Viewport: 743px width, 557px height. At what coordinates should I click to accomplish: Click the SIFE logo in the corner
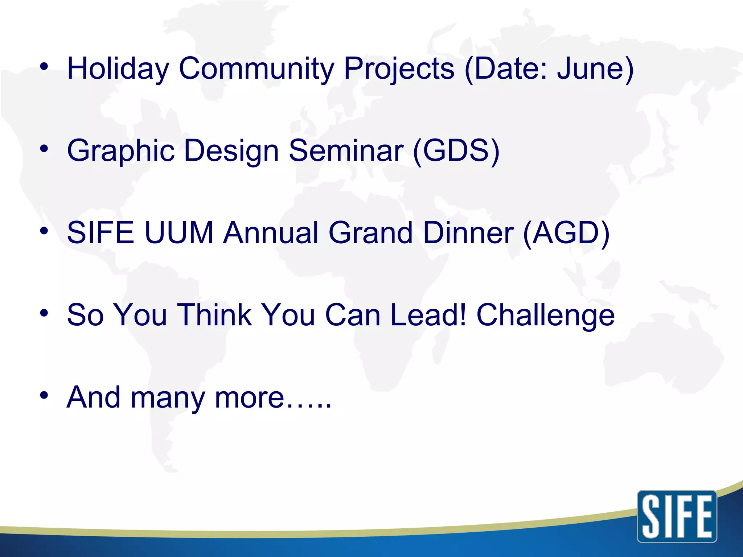click(x=677, y=516)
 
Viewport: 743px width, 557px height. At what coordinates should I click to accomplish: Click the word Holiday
click(x=118, y=69)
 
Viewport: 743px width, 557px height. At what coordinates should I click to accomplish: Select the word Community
click(x=256, y=69)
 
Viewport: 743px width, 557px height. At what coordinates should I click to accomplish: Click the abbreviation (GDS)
click(x=456, y=151)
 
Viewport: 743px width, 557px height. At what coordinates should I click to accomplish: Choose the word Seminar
click(x=346, y=151)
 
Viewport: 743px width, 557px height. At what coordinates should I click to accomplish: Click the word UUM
click(x=178, y=233)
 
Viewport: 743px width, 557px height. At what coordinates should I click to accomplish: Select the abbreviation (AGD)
click(x=566, y=233)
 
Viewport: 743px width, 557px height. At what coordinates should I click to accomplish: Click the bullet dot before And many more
click(x=44, y=395)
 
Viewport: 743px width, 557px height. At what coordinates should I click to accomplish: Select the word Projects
click(x=399, y=69)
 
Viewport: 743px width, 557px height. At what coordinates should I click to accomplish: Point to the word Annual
click(x=271, y=233)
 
